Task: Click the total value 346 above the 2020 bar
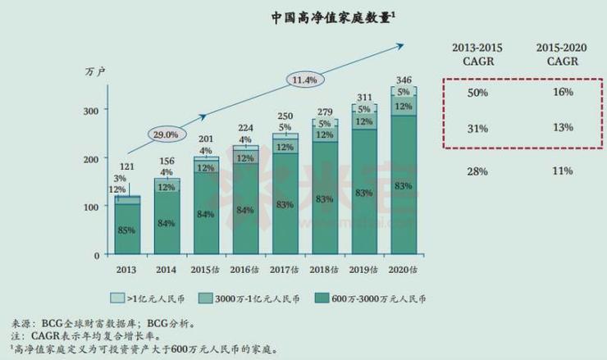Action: (403, 80)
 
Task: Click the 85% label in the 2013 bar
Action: (127, 230)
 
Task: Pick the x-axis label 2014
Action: (167, 268)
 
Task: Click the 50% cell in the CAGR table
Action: (477, 93)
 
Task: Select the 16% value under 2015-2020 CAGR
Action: (562, 93)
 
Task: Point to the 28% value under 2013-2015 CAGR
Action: (477, 171)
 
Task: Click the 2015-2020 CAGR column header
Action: (562, 53)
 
